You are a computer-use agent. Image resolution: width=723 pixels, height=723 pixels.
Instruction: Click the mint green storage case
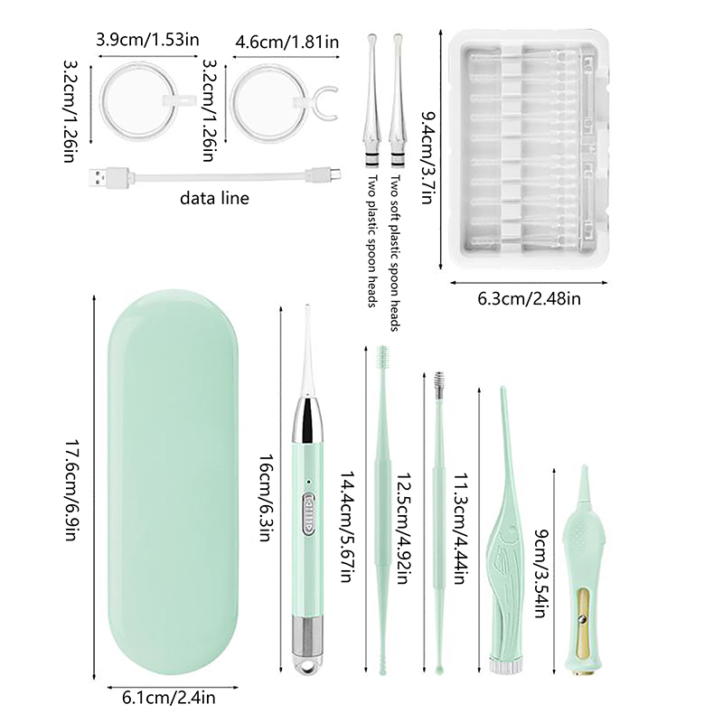pos(173,482)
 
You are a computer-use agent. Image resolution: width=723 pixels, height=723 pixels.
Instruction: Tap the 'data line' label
pos(214,198)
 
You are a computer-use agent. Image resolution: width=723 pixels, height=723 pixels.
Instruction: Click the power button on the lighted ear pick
pos(308,514)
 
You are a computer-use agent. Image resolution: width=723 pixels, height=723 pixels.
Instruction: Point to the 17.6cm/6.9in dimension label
pos(70,489)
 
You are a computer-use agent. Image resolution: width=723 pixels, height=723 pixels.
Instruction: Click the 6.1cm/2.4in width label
pos(169,697)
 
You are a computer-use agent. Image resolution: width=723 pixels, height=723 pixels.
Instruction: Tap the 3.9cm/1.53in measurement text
pos(147,40)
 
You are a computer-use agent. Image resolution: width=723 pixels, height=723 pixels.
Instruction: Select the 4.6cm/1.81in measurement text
pos(286,42)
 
